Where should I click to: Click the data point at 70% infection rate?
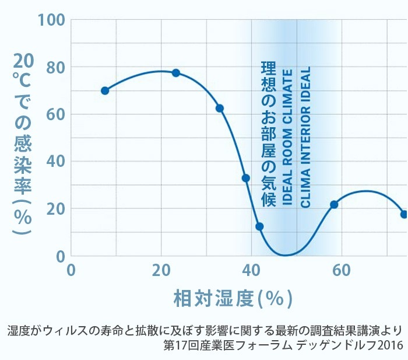point(105,90)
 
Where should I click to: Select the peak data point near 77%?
point(175,73)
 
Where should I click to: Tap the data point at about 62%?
point(220,108)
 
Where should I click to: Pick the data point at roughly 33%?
point(246,178)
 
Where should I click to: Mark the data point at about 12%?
point(259,226)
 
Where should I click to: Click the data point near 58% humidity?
point(334,204)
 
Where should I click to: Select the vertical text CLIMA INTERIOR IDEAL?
point(305,138)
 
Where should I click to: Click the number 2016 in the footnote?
point(390,345)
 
